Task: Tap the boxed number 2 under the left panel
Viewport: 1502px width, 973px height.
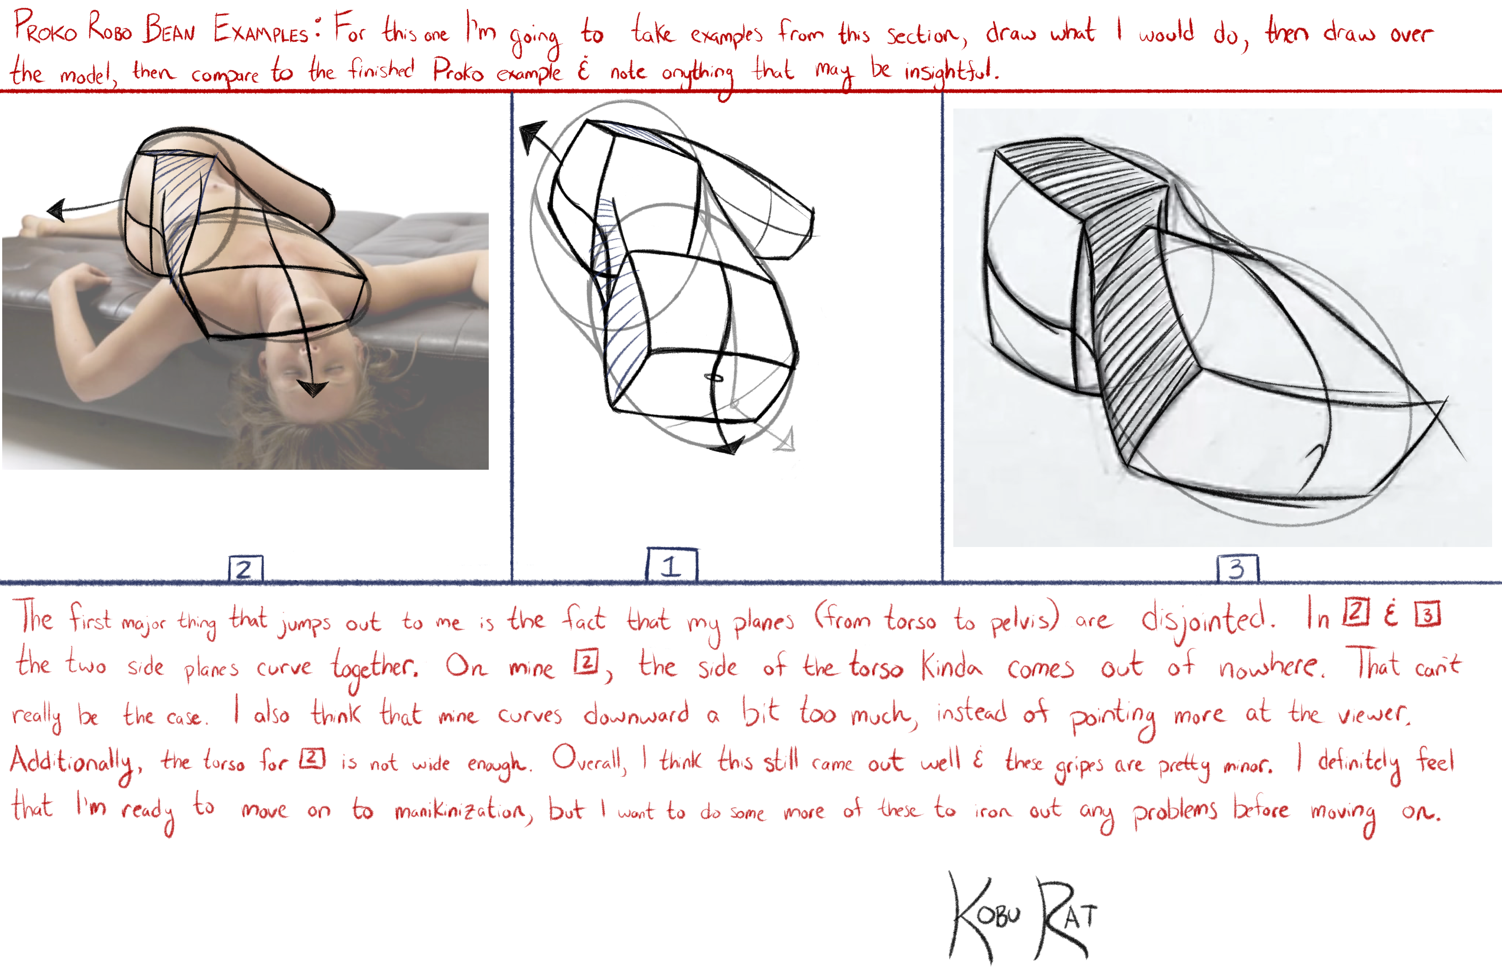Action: pos(245,568)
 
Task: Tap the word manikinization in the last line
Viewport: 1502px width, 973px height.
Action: pos(464,810)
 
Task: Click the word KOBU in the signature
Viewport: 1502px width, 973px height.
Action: pos(984,916)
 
